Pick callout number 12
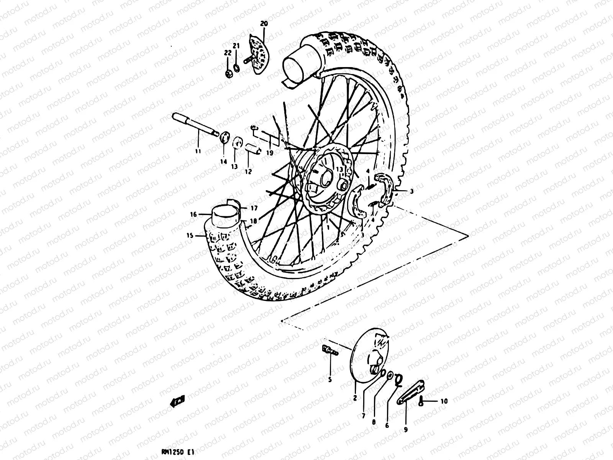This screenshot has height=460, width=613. (248, 171)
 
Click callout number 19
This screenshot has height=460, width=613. (270, 153)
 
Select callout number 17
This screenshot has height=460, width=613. (254, 209)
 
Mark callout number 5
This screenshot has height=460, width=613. (329, 380)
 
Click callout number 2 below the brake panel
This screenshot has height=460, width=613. (355, 398)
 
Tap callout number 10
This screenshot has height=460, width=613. (444, 401)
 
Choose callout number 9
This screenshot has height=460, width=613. (406, 430)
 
